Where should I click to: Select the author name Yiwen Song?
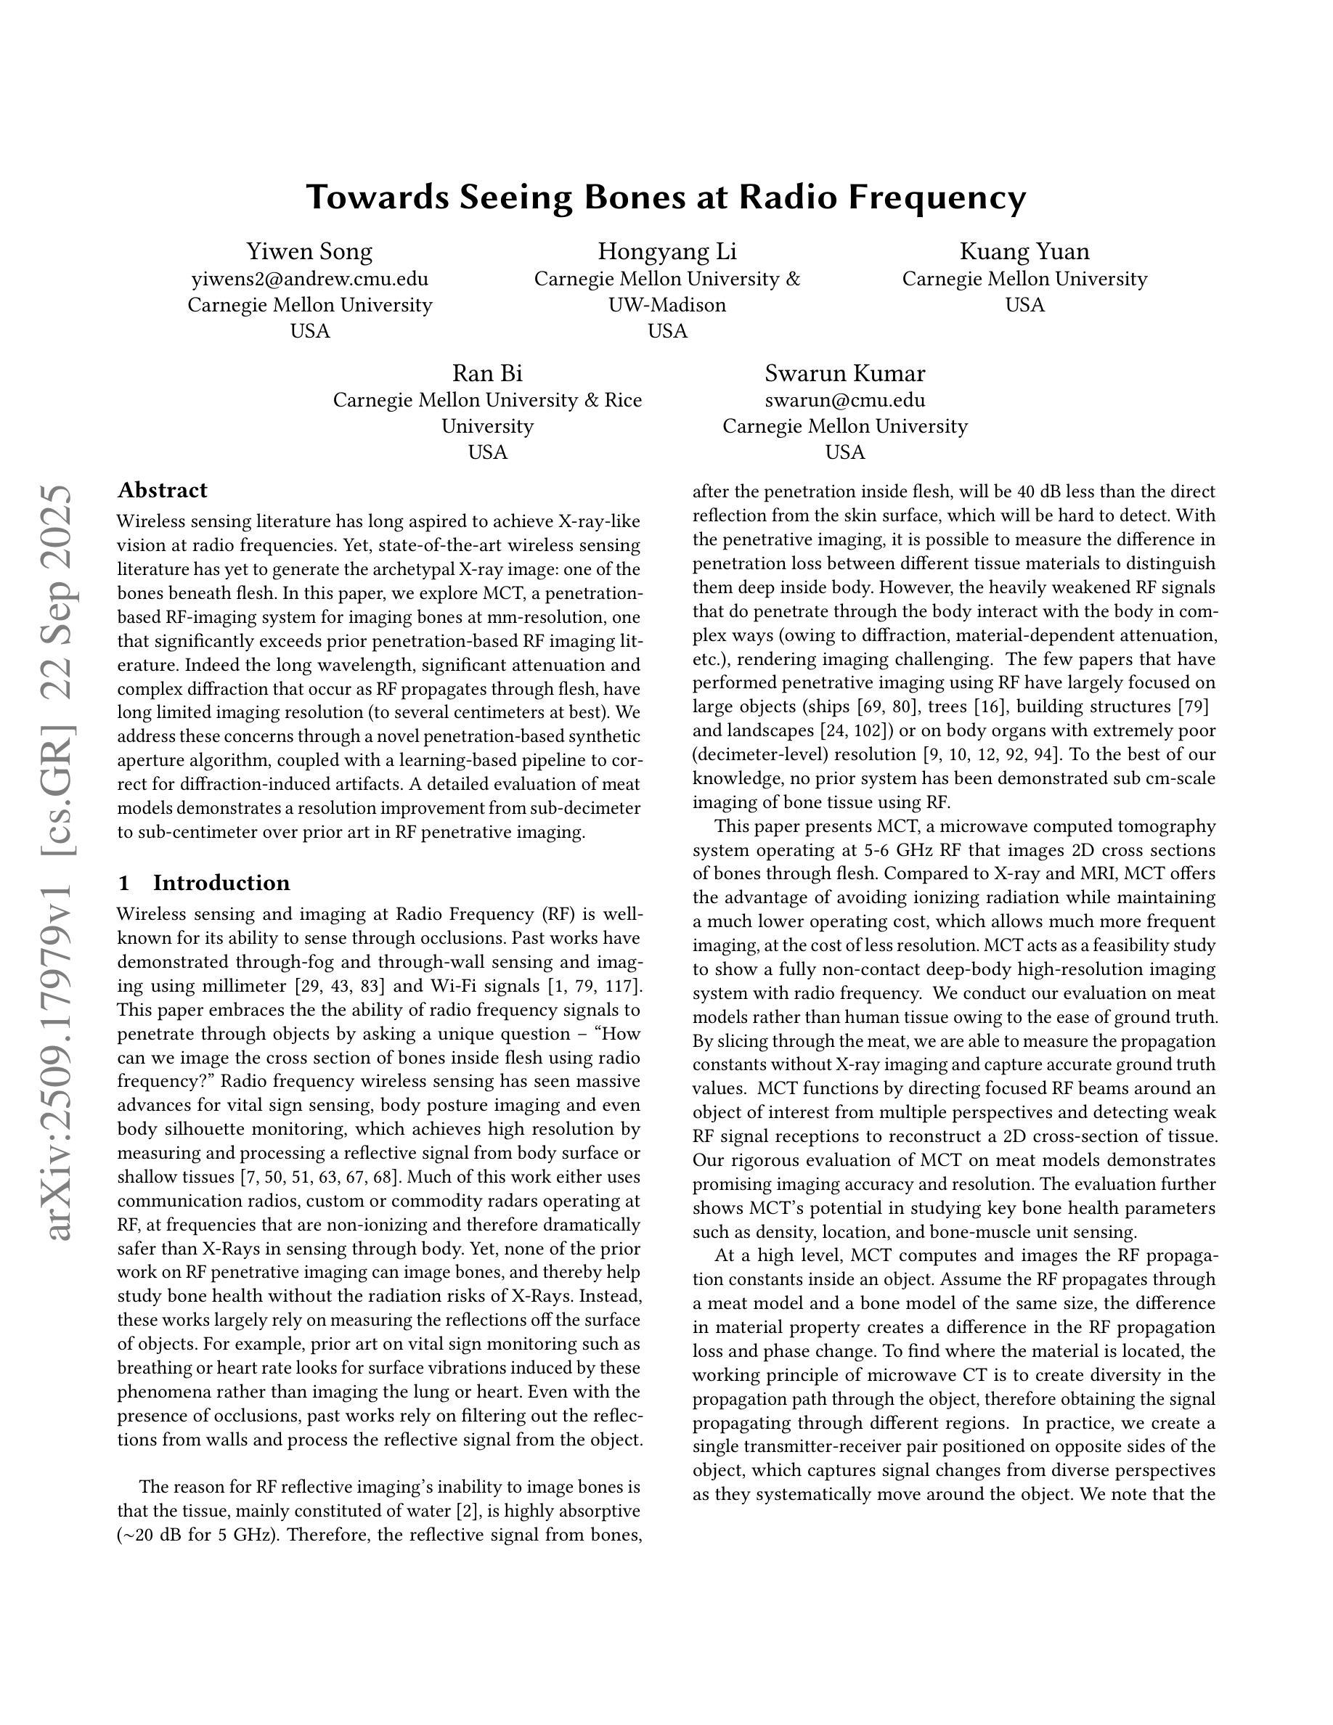coord(309,252)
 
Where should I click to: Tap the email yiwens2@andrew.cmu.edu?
coord(309,279)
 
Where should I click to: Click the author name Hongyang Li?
coord(667,252)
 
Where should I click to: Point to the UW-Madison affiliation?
coord(667,305)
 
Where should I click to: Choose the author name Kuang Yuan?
coord(1024,252)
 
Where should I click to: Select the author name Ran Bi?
coord(487,374)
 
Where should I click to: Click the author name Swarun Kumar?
coord(845,374)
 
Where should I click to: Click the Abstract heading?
coord(163,491)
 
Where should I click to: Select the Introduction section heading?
coord(221,883)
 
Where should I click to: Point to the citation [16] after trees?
coord(999,707)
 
